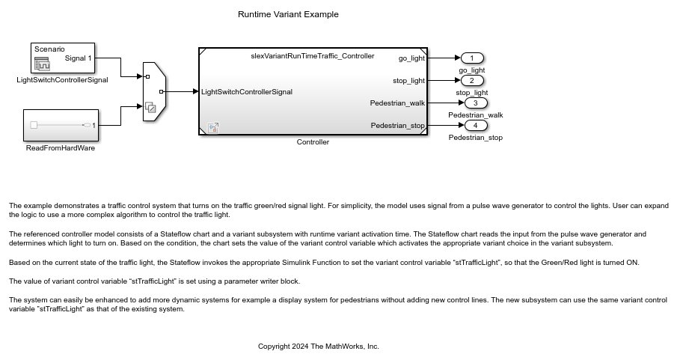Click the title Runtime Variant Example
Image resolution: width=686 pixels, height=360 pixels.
click(288, 14)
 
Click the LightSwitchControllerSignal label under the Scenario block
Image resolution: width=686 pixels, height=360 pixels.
click(62, 79)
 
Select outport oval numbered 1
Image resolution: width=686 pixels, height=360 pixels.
click(473, 58)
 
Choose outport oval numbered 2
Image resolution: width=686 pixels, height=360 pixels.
click(473, 80)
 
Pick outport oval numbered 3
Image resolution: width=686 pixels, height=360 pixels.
click(476, 103)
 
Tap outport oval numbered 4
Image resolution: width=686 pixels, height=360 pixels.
click(476, 125)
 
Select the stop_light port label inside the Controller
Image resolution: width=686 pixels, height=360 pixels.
click(408, 80)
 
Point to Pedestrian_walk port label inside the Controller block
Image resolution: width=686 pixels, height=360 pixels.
click(397, 103)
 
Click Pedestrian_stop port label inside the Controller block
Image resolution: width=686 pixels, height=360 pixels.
click(397, 125)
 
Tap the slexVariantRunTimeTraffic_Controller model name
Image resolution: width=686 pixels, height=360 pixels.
click(313, 56)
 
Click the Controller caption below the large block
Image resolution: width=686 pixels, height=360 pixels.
click(313, 141)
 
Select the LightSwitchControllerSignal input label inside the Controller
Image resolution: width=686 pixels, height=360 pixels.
click(247, 92)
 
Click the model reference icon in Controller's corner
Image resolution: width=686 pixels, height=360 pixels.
click(212, 127)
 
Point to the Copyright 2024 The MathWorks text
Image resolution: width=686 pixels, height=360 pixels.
click(319, 347)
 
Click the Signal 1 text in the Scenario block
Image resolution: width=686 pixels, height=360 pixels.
click(79, 58)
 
